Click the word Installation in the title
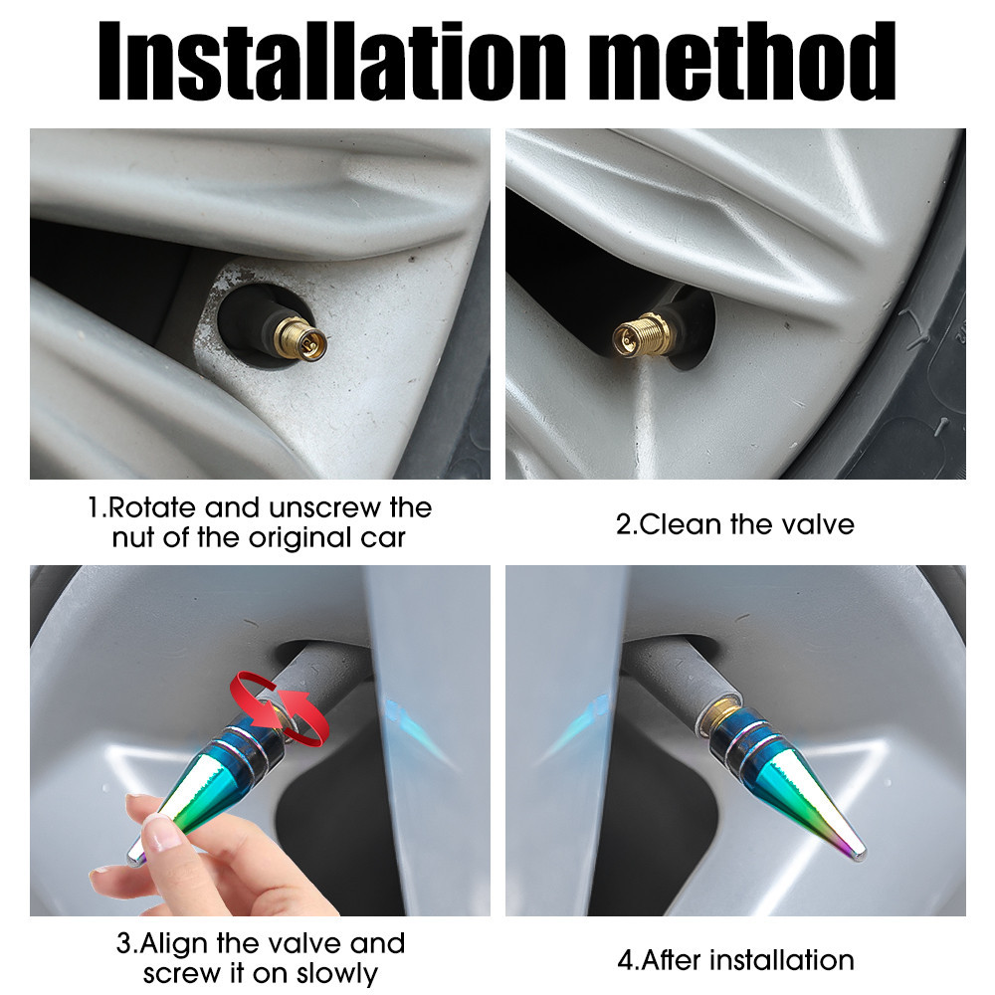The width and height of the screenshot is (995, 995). point(331,61)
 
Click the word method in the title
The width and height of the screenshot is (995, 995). point(742,61)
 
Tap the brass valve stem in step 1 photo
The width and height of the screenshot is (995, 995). point(299,336)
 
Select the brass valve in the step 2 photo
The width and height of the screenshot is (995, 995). point(643,335)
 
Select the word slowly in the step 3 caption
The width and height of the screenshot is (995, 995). point(337,973)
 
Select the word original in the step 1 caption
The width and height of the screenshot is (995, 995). point(300,538)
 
